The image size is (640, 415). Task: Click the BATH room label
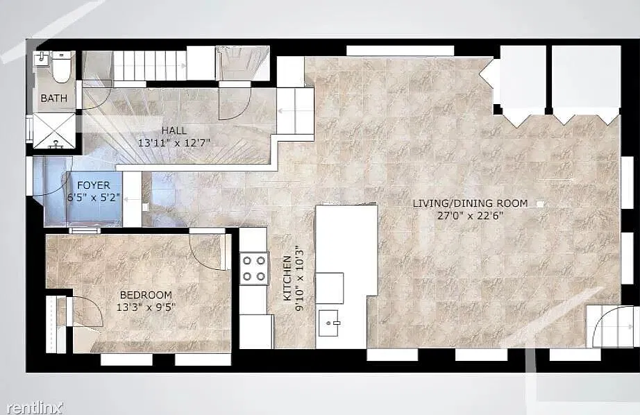click(x=54, y=99)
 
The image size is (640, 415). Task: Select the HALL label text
click(x=174, y=130)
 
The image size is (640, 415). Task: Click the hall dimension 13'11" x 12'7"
click(x=174, y=143)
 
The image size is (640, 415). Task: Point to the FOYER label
click(x=94, y=185)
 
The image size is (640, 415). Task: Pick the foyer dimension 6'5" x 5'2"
click(x=94, y=198)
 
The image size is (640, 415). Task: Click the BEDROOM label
click(x=146, y=295)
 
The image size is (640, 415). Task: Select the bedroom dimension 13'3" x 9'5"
click(x=146, y=307)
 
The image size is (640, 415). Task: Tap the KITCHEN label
click(x=287, y=278)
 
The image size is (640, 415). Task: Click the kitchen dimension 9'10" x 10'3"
click(x=300, y=278)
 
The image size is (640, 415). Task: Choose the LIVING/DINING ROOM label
click(x=470, y=203)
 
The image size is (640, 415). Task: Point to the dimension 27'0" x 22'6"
click(x=470, y=215)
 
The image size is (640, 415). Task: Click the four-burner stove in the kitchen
click(x=254, y=269)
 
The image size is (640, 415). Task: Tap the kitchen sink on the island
click(x=328, y=323)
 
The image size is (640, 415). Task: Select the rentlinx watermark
click(x=35, y=407)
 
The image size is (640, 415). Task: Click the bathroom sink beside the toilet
click(x=42, y=59)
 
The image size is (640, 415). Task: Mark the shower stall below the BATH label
click(x=54, y=130)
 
